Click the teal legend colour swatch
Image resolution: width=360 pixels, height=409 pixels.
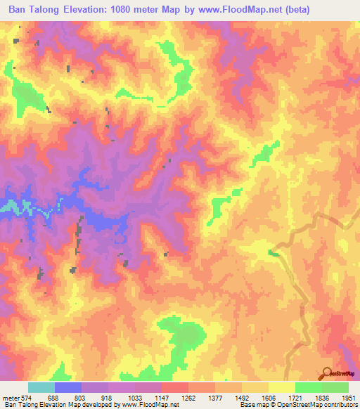(41, 387)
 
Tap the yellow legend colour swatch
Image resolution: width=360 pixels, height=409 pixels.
(281, 387)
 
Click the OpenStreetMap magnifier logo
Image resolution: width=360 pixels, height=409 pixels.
(328, 372)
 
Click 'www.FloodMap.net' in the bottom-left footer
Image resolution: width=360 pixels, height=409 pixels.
(150, 405)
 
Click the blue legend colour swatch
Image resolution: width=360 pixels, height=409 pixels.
(68, 387)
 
